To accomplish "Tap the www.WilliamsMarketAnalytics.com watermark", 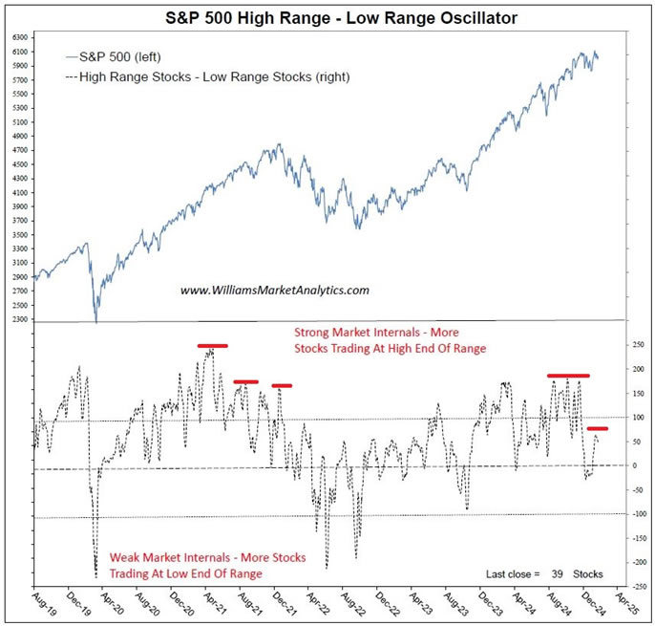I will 275,290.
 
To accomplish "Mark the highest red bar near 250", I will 212,345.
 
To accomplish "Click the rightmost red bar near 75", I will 598,428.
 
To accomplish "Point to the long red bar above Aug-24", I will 568,376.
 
